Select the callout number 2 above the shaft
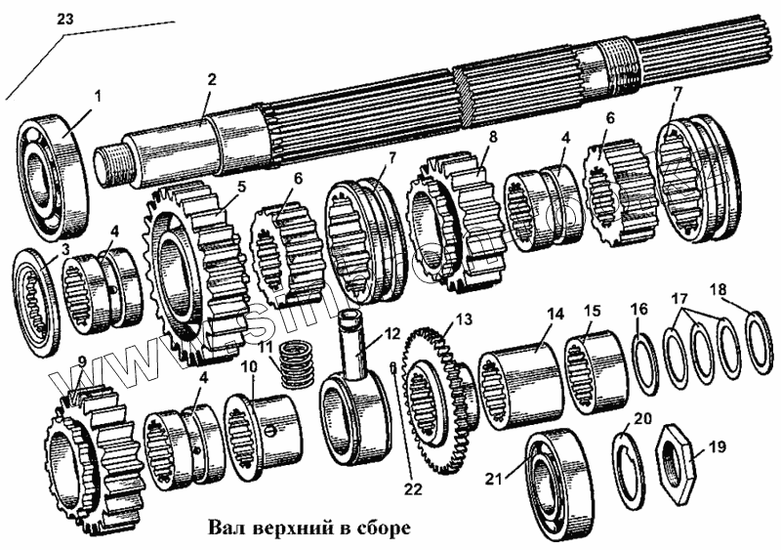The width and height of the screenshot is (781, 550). coord(211,80)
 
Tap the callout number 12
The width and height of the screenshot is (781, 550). coord(391,333)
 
